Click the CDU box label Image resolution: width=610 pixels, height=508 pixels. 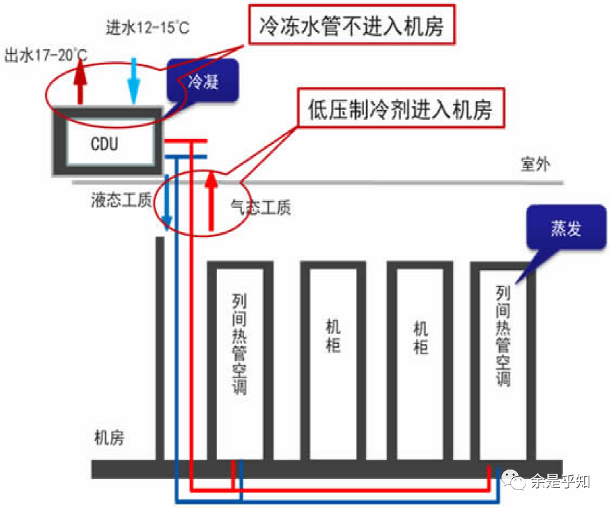tap(105, 144)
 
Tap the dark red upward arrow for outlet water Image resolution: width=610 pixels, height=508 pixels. tap(81, 82)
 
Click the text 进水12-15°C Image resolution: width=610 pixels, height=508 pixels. tap(147, 29)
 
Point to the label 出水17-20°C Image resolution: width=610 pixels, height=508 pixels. tap(46, 55)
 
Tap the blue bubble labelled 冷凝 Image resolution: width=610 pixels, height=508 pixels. tap(202, 81)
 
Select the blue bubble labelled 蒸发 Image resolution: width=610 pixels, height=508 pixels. tap(565, 228)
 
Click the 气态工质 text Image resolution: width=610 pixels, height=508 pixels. tap(260, 207)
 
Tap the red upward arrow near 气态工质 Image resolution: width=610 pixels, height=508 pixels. tap(210, 199)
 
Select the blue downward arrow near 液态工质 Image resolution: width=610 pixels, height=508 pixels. tap(166, 203)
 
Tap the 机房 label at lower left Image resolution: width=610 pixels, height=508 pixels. tap(109, 437)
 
